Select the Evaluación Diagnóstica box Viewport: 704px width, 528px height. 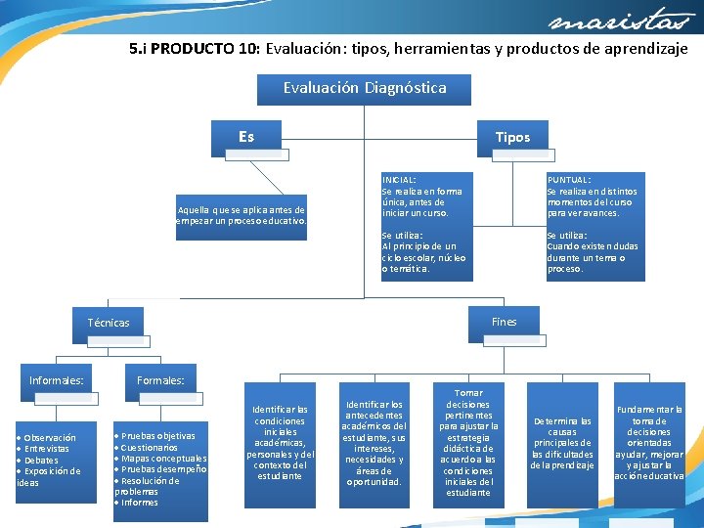pos(364,89)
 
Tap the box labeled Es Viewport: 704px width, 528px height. pos(246,137)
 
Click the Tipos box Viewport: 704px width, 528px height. pos(512,137)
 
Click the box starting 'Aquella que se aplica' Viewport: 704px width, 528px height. pos(242,215)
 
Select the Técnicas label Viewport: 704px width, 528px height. pos(109,323)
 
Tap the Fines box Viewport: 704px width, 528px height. pos(504,322)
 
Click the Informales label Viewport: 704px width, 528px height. pos(57,380)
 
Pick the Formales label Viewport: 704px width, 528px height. pos(161,380)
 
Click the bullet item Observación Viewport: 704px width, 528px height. pos(50,438)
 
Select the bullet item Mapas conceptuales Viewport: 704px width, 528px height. pos(163,459)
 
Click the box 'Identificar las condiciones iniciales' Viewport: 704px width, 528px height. pos(281,443)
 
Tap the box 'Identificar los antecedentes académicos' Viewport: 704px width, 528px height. pos(374,443)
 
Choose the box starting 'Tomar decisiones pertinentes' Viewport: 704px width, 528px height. pos(468,443)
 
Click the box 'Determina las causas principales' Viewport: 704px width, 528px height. pos(562,443)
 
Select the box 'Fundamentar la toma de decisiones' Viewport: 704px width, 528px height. pos(649,443)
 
